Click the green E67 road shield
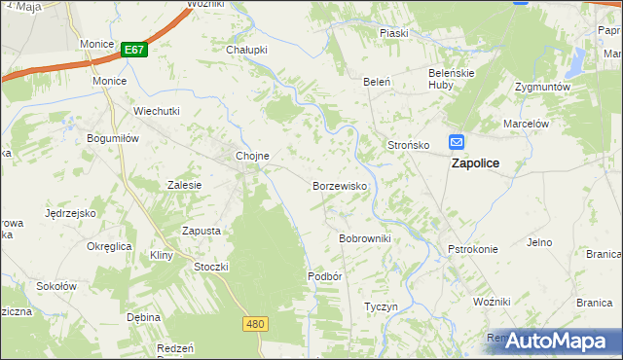[x=134, y=50]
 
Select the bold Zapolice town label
[x=475, y=163]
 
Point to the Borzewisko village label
[x=339, y=185]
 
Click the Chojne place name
[x=252, y=156]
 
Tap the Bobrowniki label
[x=364, y=238]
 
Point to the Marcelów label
[x=527, y=124]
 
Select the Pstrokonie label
[x=472, y=249]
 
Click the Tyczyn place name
[x=381, y=306]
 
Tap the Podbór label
[x=325, y=275]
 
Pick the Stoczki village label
[x=211, y=267]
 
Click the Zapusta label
[x=202, y=231]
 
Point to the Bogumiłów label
[x=115, y=139]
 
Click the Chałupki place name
[x=246, y=50]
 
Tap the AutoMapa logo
[x=552, y=341]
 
